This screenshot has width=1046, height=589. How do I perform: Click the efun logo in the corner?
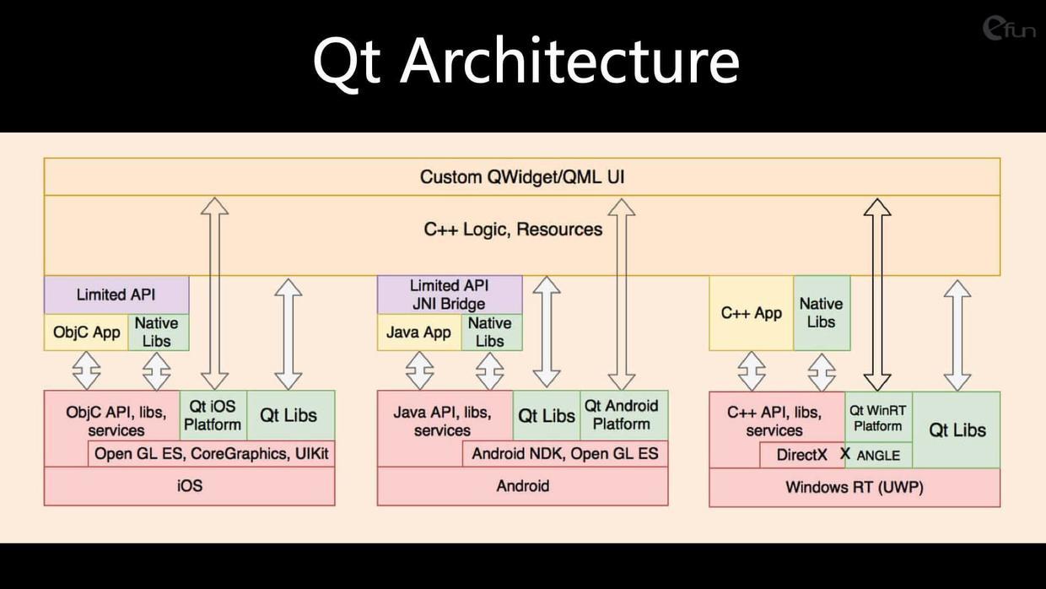point(1009,29)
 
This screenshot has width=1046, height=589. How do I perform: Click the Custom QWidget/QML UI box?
point(522,176)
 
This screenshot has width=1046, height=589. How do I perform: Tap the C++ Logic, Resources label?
point(513,230)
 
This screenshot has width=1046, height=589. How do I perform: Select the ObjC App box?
point(86,332)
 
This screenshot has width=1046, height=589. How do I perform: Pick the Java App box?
point(419,332)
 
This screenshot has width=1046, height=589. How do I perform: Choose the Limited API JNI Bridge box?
point(450,294)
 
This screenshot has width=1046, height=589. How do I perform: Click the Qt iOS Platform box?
point(213,415)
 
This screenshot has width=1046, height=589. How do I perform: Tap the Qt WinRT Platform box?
point(878,417)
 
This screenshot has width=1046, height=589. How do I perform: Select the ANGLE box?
point(878,455)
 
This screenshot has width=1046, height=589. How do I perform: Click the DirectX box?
point(802,455)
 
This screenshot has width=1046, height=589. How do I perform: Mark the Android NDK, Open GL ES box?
point(565,453)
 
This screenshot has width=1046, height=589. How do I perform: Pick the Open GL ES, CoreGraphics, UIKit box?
point(211,453)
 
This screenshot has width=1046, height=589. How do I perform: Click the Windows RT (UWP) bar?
point(855,487)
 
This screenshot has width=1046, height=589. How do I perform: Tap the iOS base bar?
point(189,486)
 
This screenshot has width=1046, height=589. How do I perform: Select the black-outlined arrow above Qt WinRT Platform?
point(877,294)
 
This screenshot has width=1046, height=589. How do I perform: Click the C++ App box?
point(752,313)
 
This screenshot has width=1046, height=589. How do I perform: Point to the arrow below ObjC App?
point(86,371)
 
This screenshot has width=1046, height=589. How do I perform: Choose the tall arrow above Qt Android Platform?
point(622,294)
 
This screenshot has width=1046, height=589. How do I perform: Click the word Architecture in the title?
point(569,61)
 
